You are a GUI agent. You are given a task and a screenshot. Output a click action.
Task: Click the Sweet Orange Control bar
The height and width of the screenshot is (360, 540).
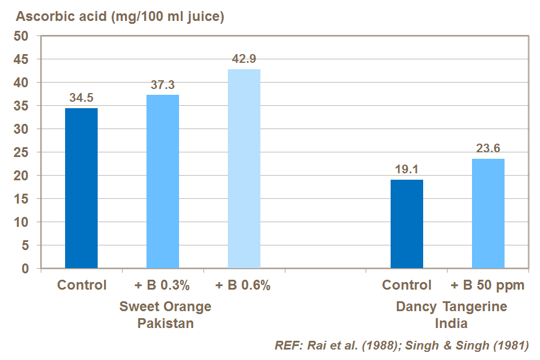pyautogui.click(x=81, y=188)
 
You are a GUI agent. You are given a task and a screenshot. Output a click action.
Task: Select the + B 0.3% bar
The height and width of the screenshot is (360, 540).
pyautogui.click(x=163, y=181)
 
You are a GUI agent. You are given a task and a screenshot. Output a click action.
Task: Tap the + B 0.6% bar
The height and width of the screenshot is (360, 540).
pyautogui.click(x=244, y=169)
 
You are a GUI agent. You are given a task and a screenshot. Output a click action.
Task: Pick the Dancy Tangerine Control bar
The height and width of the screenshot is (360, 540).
pyautogui.click(x=407, y=224)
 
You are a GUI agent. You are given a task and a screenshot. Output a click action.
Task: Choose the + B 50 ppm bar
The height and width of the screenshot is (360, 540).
pyautogui.click(x=488, y=213)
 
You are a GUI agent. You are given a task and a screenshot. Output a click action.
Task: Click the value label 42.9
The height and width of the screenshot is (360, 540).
pyautogui.click(x=244, y=59)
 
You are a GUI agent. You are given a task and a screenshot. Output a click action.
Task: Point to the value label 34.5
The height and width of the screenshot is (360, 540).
pyautogui.click(x=81, y=98)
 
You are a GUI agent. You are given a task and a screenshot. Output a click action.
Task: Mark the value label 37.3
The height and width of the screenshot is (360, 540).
pyautogui.click(x=163, y=85)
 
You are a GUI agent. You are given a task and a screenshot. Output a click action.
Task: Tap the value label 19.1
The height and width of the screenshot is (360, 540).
pyautogui.click(x=407, y=170)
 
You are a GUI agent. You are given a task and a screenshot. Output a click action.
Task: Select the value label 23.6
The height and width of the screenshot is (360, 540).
pyautogui.click(x=488, y=148)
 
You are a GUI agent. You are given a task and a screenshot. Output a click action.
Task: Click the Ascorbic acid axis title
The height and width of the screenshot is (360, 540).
pyautogui.click(x=120, y=17)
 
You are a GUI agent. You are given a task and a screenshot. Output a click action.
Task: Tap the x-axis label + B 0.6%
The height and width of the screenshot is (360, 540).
pyautogui.click(x=243, y=286)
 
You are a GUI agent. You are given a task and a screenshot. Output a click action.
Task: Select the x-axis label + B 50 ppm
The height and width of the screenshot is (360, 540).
pyautogui.click(x=488, y=286)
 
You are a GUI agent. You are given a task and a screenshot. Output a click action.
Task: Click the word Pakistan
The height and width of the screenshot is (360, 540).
pyautogui.click(x=166, y=323)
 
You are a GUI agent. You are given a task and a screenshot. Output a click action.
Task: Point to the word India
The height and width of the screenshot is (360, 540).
pyautogui.click(x=451, y=323)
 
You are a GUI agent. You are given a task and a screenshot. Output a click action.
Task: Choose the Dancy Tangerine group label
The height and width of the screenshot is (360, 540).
pyautogui.click(x=451, y=306)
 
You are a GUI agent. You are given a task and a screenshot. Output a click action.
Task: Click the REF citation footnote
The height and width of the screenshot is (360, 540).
pyautogui.click(x=402, y=345)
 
